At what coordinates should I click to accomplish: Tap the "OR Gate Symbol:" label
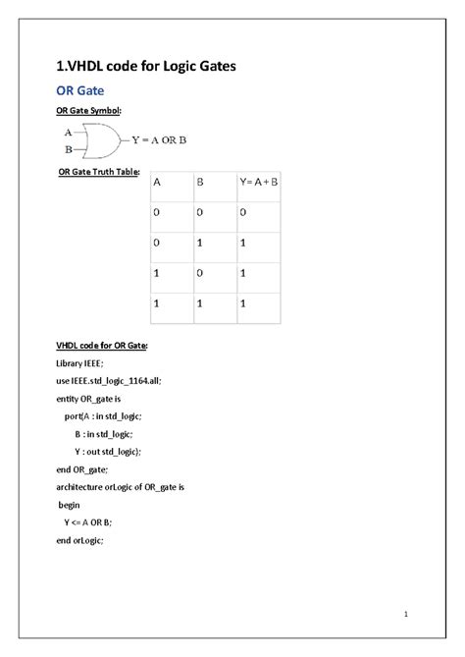(x=87, y=114)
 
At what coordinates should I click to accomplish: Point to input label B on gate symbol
(x=67, y=149)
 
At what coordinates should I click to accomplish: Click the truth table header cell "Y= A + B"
(x=259, y=183)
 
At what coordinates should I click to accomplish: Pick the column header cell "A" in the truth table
(x=157, y=183)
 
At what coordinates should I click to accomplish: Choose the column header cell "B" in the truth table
(x=200, y=183)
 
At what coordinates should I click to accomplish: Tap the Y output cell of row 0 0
(x=241, y=211)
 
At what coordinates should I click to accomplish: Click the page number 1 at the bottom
(x=404, y=615)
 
